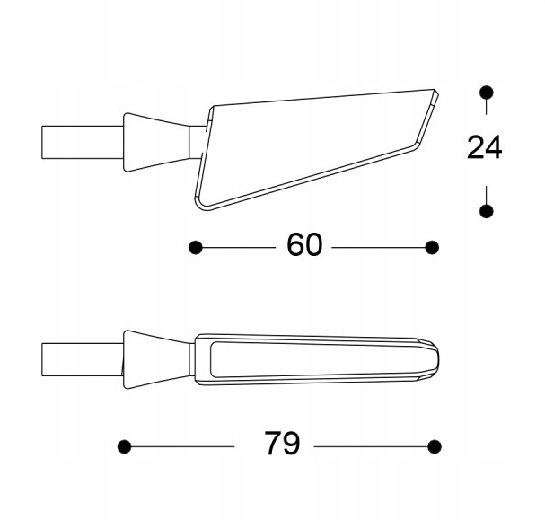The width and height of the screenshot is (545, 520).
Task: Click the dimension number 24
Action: pos(484,147)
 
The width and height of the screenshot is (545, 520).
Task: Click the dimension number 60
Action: pos(304,244)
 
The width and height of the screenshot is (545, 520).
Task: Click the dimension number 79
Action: pos(282,443)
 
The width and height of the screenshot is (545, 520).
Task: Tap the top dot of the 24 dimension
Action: pos(486,93)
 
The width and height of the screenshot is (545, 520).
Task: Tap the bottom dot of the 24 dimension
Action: pos(486,211)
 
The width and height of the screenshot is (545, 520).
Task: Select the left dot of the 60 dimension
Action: pos(196,248)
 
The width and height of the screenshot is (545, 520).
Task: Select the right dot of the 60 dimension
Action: pos(432,248)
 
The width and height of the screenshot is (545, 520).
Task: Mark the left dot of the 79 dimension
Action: pos(125,446)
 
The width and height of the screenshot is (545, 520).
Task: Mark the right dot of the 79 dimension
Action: pos(435,446)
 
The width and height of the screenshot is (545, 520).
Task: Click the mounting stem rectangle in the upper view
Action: pos(82,142)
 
